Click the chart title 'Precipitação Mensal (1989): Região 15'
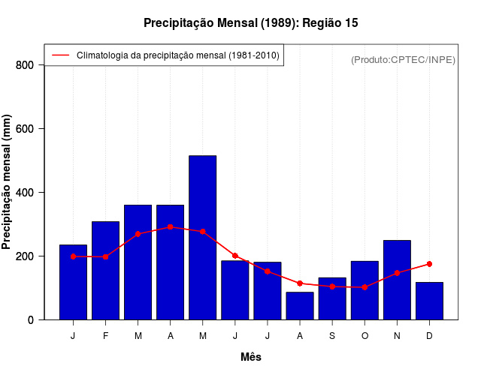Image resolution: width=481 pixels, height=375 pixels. (x=250, y=23)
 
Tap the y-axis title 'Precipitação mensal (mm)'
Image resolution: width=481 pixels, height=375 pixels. (x=7, y=182)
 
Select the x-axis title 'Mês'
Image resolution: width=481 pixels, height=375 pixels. (x=251, y=357)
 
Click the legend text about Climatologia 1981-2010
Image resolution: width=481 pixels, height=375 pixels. (x=178, y=55)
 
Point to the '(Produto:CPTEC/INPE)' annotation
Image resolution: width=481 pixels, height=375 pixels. (x=403, y=60)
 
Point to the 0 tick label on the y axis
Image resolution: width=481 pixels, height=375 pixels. (x=30, y=320)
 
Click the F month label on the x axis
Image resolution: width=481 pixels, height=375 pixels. (x=105, y=336)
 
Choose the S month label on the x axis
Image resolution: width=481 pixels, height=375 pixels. (x=332, y=336)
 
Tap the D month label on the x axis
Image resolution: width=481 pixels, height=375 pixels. (x=429, y=336)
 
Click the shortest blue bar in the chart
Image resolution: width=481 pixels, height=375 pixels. (x=300, y=306)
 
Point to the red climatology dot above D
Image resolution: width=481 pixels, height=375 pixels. (x=429, y=264)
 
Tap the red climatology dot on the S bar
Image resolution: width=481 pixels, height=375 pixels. (x=332, y=286)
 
